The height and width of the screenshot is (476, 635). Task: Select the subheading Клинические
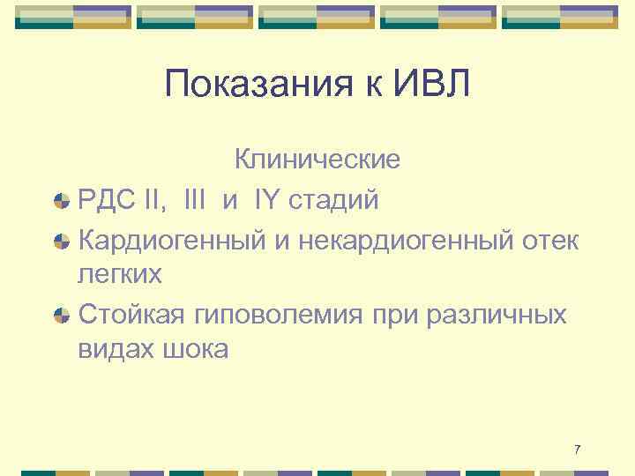click(x=317, y=160)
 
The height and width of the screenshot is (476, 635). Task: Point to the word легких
click(x=120, y=274)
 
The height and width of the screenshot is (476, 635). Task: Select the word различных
click(x=494, y=315)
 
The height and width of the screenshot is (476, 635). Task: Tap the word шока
click(x=194, y=349)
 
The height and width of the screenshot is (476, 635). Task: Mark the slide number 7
click(x=577, y=450)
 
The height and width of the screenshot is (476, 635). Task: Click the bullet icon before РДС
click(x=62, y=202)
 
